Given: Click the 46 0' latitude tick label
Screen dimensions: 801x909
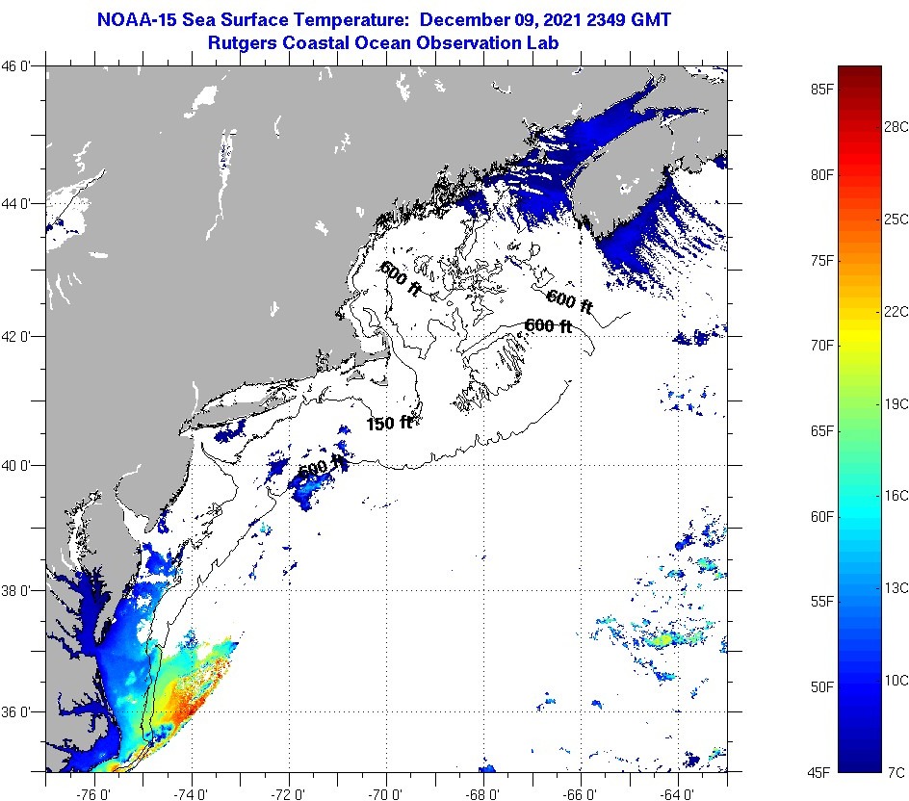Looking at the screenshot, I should [21, 66].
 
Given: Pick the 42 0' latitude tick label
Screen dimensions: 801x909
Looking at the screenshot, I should [21, 336].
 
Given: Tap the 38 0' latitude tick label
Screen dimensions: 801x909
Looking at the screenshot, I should [21, 590].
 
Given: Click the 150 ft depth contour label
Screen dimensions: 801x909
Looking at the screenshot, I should [389, 423].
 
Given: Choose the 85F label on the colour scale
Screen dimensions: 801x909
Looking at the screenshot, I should [821, 90].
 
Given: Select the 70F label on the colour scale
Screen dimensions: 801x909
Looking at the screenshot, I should [821, 345].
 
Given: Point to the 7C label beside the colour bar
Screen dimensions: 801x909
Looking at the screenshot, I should [896, 771].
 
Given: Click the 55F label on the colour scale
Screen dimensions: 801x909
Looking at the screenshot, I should [821, 601].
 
